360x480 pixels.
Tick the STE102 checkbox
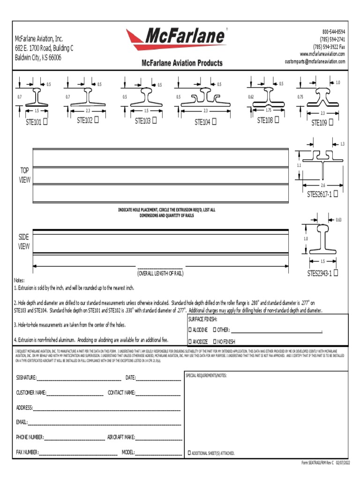(x=97, y=120)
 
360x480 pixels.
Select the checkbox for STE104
(x=214, y=122)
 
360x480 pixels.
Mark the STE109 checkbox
(x=331, y=122)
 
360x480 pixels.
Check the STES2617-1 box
(x=335, y=195)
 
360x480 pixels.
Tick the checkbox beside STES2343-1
(x=336, y=272)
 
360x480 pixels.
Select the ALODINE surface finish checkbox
(x=190, y=330)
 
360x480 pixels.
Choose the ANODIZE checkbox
(x=190, y=342)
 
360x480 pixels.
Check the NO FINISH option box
(x=215, y=342)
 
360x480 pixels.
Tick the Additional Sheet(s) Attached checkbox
(x=189, y=453)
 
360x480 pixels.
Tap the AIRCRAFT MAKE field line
(x=158, y=438)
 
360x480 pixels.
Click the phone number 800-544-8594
(x=333, y=31)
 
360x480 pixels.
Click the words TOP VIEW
(x=24, y=175)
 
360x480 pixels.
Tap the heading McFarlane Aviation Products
(x=182, y=63)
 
